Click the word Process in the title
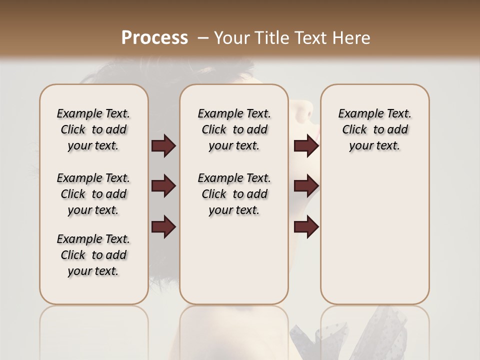click(x=154, y=38)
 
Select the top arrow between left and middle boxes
click(x=163, y=146)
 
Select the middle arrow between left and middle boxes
click(x=163, y=186)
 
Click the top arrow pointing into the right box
click(x=306, y=146)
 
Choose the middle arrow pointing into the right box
click(x=306, y=186)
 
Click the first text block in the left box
click(x=93, y=129)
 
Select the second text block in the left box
click(x=93, y=194)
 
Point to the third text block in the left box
click(x=93, y=255)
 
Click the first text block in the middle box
click(x=234, y=129)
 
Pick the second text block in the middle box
click(x=234, y=194)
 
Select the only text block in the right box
click(x=374, y=129)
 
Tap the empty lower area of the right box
click(x=374, y=235)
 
